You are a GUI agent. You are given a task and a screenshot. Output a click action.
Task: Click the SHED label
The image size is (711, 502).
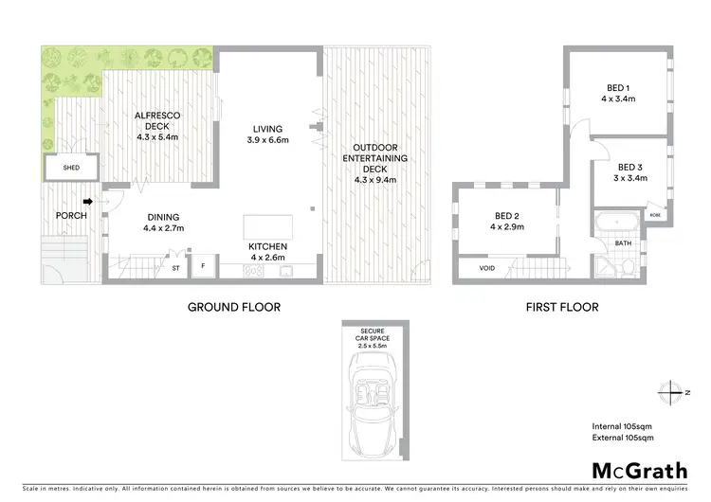click(71, 169)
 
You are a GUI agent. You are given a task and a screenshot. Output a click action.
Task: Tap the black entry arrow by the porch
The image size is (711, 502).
click(88, 201)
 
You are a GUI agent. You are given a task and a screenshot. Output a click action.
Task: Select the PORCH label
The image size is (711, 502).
click(71, 216)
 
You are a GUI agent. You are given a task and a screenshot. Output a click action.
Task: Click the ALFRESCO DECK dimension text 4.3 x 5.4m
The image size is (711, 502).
click(158, 137)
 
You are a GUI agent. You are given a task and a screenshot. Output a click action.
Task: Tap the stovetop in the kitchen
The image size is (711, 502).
click(254, 271)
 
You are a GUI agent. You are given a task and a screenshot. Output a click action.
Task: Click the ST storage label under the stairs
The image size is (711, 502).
click(175, 268)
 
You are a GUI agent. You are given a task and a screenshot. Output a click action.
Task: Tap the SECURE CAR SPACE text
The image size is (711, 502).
click(377, 335)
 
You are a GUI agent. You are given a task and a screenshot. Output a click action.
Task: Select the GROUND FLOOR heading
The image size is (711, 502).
click(233, 307)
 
